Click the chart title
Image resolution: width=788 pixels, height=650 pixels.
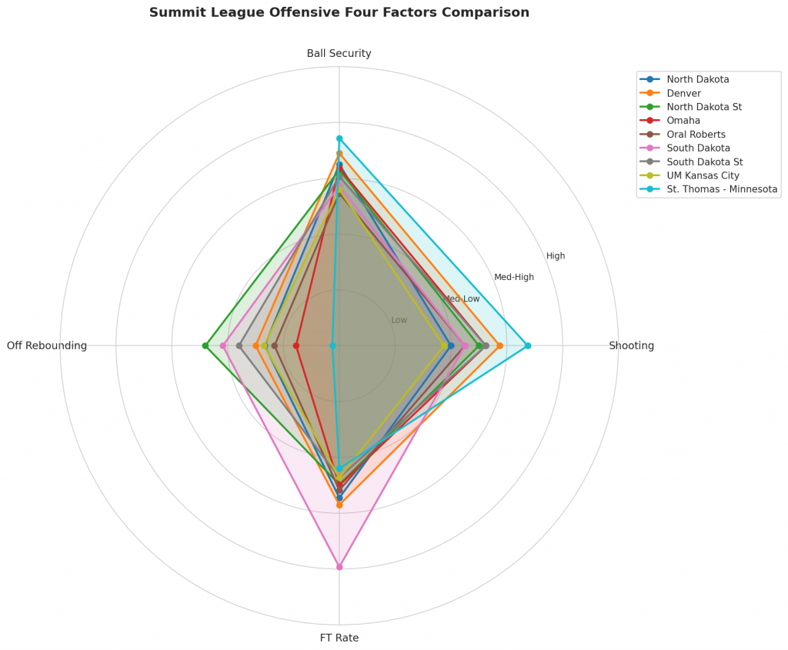point(339,13)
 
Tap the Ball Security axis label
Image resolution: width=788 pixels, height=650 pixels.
point(339,54)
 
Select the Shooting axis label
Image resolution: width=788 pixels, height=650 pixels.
point(631,346)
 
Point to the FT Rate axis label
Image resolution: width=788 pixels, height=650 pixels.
point(339,638)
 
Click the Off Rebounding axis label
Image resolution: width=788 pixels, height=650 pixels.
point(47,346)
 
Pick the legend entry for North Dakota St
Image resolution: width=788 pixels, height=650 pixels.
point(704,107)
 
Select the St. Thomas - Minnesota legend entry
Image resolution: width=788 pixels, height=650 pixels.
point(722,189)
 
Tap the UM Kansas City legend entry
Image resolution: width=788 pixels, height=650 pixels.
point(703,175)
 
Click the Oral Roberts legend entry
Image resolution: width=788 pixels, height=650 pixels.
point(696,135)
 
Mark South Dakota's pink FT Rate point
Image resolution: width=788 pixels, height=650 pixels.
point(339,567)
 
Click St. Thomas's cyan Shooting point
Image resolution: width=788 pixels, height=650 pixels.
point(528,345)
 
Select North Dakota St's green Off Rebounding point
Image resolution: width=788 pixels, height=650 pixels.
point(205,345)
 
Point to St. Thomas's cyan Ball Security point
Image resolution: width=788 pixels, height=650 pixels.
point(339,138)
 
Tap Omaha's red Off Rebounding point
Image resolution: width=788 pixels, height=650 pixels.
point(296,345)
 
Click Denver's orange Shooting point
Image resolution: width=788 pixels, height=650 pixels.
point(500,345)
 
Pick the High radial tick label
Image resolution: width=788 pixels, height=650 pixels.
point(556,256)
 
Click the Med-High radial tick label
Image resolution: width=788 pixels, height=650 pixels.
point(514,278)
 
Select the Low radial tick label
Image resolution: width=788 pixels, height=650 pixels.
point(399,320)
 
